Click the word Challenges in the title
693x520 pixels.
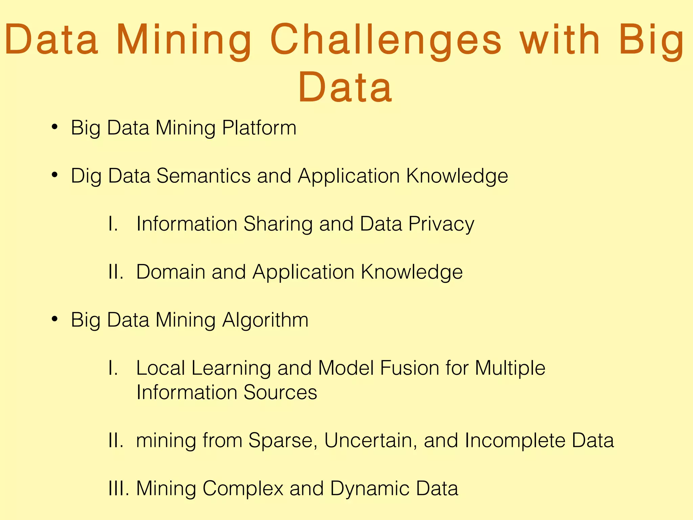pyautogui.click(x=386, y=40)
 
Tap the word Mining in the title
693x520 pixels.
pyautogui.click(x=184, y=40)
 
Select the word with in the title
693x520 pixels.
pyautogui.click(x=560, y=40)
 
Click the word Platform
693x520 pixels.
pyautogui.click(x=259, y=128)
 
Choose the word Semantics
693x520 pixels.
pyautogui.click(x=203, y=176)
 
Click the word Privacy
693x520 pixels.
pyautogui.click(x=441, y=224)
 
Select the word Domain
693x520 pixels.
pyautogui.click(x=171, y=272)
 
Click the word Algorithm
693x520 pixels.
pyautogui.click(x=265, y=320)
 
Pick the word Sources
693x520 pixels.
pyautogui.click(x=280, y=392)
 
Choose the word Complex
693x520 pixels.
pyautogui.click(x=243, y=489)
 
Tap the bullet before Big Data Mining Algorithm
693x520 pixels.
pyautogui.click(x=54, y=319)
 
